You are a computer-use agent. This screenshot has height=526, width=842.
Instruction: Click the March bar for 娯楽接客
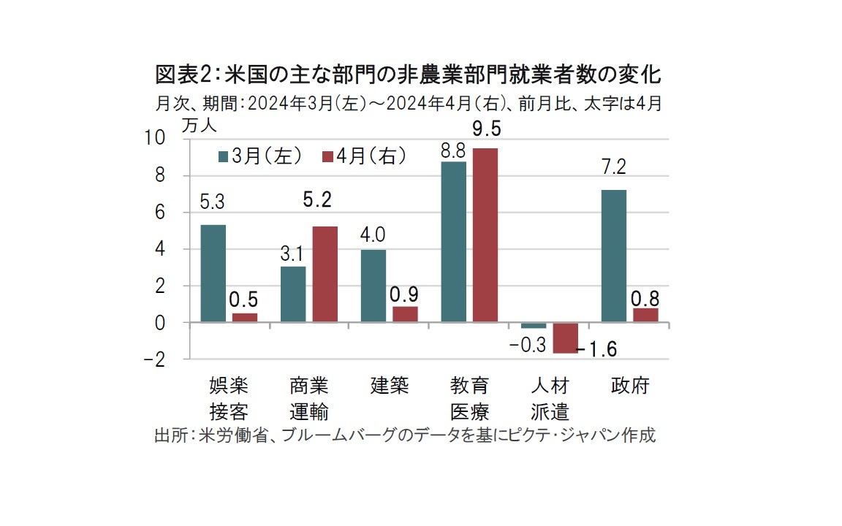pos(213,273)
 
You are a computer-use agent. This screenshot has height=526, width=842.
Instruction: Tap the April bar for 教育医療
pos(485,235)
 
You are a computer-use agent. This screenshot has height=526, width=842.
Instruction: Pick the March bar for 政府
pos(613,256)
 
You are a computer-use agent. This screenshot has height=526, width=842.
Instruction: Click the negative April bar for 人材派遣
pos(565,338)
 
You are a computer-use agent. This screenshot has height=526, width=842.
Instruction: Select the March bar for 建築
pos(373,286)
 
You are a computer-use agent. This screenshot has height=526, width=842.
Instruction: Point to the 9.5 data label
pos(486,129)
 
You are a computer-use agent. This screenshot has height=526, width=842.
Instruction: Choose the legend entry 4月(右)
pos(363,156)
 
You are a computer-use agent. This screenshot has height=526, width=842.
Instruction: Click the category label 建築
pos(389,386)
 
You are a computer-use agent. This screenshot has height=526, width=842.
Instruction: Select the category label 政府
pos(629,386)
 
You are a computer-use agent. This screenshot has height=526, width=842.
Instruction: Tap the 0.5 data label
pos(245,300)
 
